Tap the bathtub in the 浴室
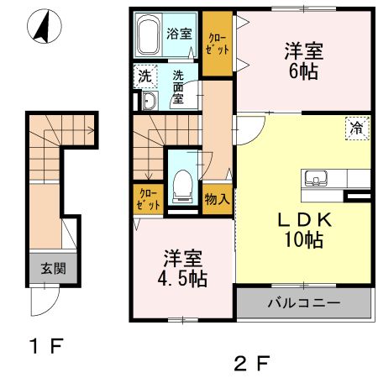click(x=150, y=35)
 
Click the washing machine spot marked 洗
click(x=144, y=76)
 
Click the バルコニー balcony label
click(x=303, y=302)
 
